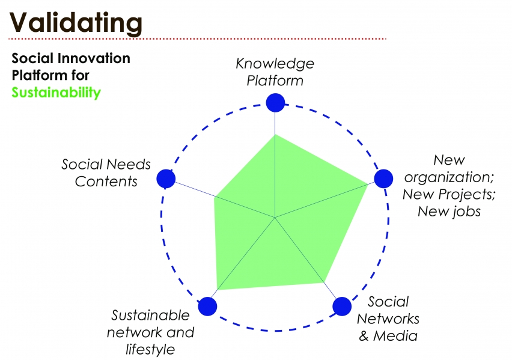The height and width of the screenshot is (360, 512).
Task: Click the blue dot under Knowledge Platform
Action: (x=275, y=102)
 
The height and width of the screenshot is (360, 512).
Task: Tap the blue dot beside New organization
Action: (x=383, y=178)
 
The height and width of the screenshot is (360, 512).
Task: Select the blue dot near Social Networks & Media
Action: (x=341, y=306)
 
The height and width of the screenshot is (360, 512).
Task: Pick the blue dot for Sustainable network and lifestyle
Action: (x=207, y=306)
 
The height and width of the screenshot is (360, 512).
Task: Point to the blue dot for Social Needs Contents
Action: (x=166, y=179)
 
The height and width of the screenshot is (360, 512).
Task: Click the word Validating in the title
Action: (x=76, y=22)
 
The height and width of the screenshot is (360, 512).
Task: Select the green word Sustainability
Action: (x=56, y=93)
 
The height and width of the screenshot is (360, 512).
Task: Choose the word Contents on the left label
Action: (x=106, y=182)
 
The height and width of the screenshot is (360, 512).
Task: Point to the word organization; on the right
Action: (x=448, y=177)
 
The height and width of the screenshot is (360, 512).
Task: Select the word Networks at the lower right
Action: (x=388, y=319)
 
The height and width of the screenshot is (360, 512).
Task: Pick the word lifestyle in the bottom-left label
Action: (x=150, y=349)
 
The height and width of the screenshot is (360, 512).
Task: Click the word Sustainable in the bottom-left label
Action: (x=150, y=316)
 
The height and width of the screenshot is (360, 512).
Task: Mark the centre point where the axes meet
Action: (x=275, y=217)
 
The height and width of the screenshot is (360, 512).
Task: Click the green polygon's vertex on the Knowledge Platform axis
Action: (x=275, y=135)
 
